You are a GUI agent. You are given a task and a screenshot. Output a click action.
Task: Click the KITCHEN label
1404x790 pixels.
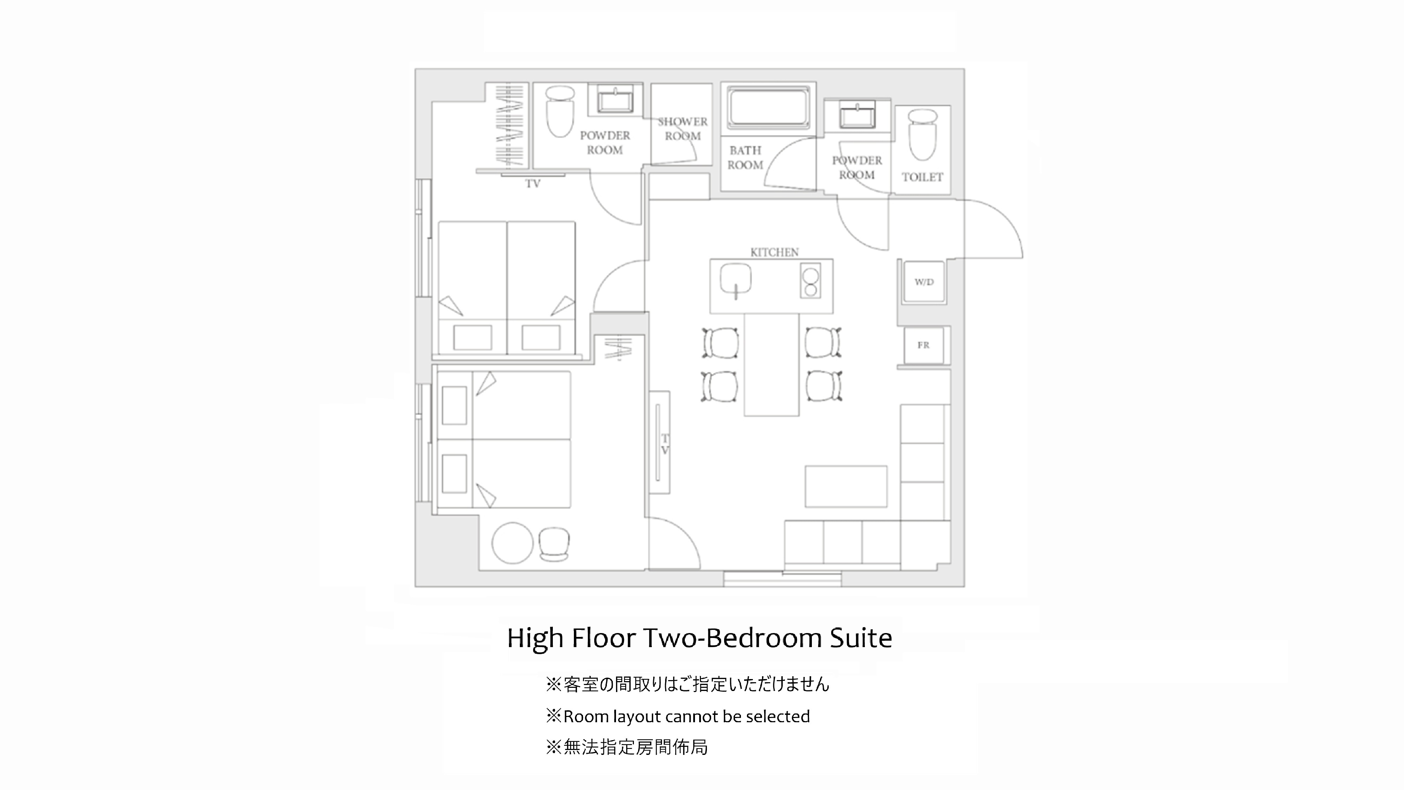tap(774, 252)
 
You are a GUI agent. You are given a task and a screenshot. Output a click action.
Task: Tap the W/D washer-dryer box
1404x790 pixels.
tap(924, 282)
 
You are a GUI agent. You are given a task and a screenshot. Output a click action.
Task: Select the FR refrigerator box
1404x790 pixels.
tap(923, 345)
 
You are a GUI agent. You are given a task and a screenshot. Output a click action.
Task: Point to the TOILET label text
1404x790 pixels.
tap(922, 177)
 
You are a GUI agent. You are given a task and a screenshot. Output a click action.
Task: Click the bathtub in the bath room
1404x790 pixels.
tap(768, 107)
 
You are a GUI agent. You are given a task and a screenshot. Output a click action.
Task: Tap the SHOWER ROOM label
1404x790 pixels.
tap(682, 129)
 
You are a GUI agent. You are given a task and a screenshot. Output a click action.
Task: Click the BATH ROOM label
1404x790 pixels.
tap(745, 158)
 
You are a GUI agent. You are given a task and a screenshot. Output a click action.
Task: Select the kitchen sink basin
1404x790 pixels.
tap(735, 281)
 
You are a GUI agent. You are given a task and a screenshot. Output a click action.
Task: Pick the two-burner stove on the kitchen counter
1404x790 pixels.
tap(810, 281)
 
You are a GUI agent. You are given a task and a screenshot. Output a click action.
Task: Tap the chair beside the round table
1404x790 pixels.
tap(554, 544)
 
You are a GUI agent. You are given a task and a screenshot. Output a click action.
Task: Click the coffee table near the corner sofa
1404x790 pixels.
tap(846, 486)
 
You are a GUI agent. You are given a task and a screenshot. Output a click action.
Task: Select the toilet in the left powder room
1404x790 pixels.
tap(560, 112)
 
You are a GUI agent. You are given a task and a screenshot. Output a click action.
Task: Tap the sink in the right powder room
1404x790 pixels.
tap(857, 115)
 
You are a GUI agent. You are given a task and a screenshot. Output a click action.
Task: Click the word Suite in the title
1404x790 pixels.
tap(861, 638)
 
